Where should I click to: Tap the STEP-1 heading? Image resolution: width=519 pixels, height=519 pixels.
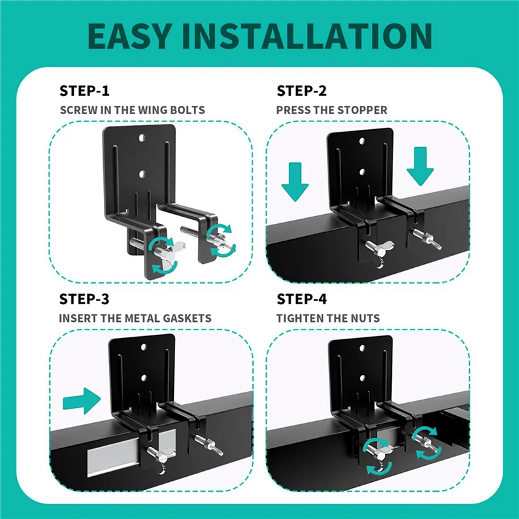click(x=85, y=90)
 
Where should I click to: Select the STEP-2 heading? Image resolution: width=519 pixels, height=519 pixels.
click(x=302, y=90)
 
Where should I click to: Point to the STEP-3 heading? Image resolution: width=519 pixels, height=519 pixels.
click(x=85, y=299)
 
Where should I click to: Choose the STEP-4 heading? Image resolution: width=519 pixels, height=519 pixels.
click(x=302, y=299)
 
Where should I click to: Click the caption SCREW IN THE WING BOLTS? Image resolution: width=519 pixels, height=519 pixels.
click(x=132, y=110)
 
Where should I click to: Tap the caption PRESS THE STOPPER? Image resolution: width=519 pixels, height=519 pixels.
click(x=332, y=110)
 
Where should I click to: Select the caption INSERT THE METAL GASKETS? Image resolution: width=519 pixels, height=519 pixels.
click(x=135, y=319)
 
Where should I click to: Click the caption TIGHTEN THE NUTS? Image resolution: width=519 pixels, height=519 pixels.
click(x=328, y=319)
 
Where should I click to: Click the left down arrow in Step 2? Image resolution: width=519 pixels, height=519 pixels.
click(x=295, y=183)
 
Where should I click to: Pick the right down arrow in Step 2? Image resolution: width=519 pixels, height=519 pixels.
click(x=420, y=165)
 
